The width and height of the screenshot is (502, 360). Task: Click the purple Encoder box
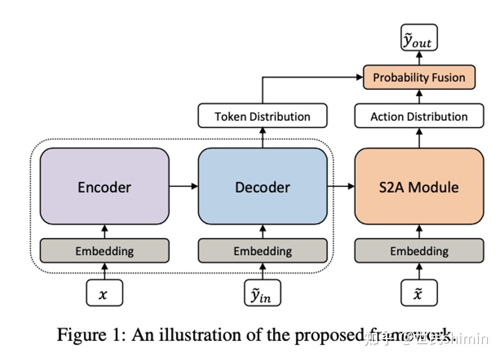[104, 186]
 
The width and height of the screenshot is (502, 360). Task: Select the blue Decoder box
[262, 186]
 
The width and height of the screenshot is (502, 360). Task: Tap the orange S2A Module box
[419, 186]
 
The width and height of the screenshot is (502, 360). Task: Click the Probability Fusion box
[419, 77]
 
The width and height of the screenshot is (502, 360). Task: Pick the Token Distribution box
[262, 116]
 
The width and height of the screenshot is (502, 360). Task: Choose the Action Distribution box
[419, 116]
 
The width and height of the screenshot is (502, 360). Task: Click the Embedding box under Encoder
[104, 251]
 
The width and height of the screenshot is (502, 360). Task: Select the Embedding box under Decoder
[262, 251]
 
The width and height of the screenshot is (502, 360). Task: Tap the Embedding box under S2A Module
[419, 251]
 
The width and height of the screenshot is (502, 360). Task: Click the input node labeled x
[104, 294]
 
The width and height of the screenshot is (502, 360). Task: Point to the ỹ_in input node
[262, 294]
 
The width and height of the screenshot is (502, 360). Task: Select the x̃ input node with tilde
[419, 294]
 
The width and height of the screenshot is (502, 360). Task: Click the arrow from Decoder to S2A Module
[341, 186]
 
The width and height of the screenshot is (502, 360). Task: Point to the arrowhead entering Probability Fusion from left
[359, 77]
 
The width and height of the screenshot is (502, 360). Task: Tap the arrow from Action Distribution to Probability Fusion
[419, 97]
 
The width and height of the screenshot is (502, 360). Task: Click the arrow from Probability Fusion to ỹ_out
[419, 57]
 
